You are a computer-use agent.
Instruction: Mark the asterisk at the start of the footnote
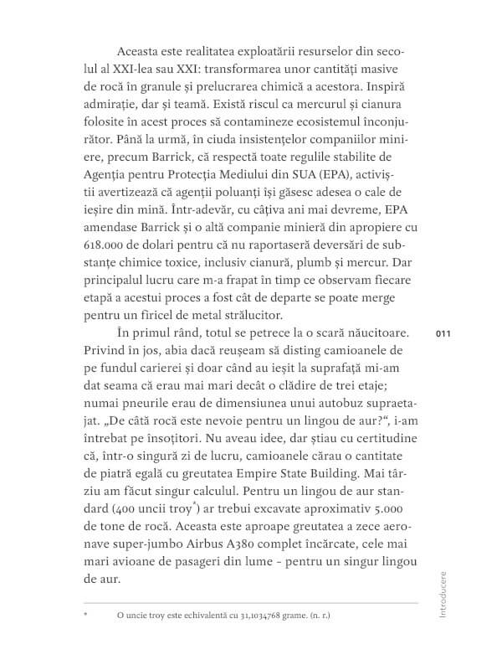[x=86, y=616]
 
